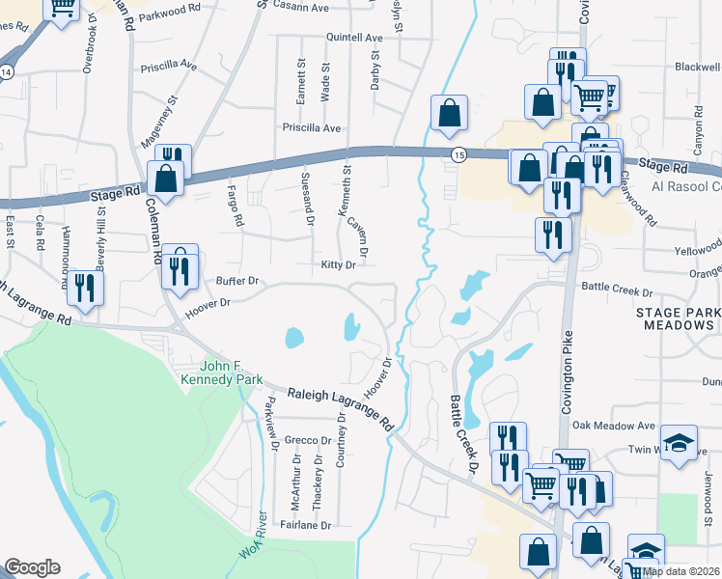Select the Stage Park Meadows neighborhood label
(x=678, y=319)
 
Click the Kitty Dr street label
(x=339, y=265)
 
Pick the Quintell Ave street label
(x=354, y=38)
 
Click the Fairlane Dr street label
(x=306, y=526)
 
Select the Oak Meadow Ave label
(x=613, y=426)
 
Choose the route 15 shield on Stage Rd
(x=458, y=154)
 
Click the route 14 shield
(x=6, y=73)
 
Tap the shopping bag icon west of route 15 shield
(x=450, y=112)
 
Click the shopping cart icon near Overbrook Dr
(x=63, y=10)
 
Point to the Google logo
(x=32, y=567)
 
